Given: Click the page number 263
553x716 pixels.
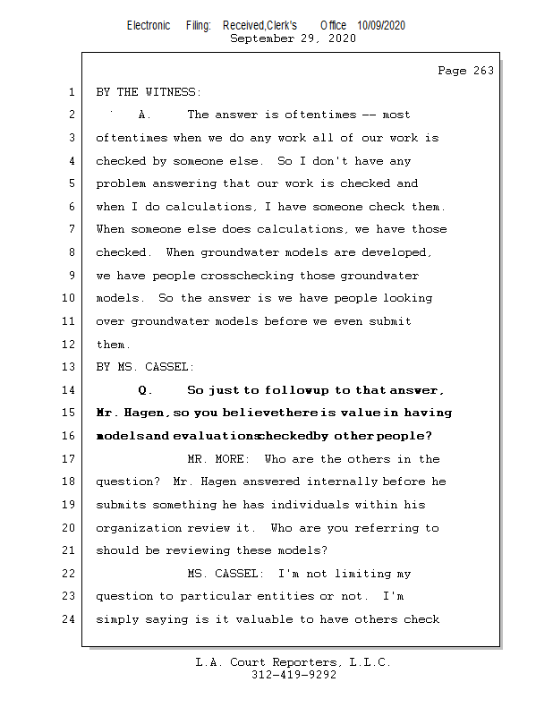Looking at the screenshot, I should click(x=465, y=71).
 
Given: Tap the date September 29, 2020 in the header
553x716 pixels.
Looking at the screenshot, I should click(x=293, y=38).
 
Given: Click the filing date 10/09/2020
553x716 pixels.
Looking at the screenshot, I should click(x=381, y=25).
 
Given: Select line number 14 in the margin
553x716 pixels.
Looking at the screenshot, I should click(x=71, y=390).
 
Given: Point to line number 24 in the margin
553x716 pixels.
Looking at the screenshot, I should click(x=71, y=619).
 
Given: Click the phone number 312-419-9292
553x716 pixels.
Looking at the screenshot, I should click(x=294, y=676).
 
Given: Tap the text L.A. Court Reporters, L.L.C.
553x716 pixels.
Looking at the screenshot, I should click(x=293, y=662).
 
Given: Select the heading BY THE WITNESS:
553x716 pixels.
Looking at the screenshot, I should click(x=149, y=92).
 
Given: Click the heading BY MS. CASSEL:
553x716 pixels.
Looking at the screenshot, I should click(x=145, y=367).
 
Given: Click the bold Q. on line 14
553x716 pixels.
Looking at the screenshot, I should click(x=146, y=390).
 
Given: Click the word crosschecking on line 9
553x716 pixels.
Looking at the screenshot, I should click(x=246, y=276).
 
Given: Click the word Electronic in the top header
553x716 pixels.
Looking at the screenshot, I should click(x=149, y=25).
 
